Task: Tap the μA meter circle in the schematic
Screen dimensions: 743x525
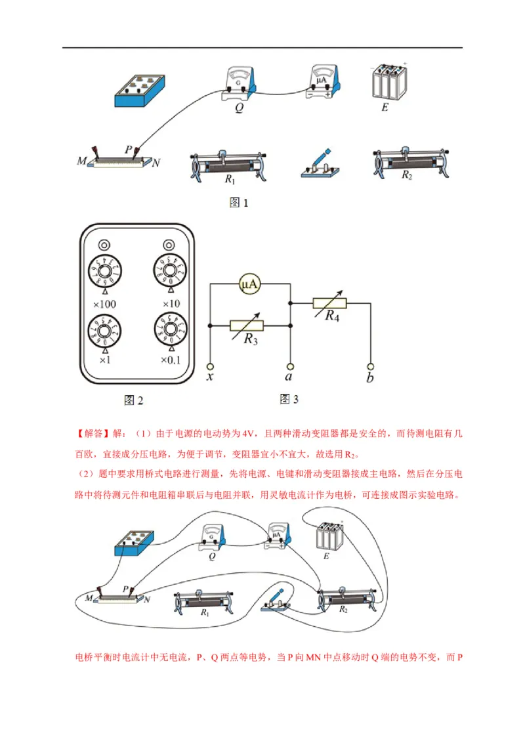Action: (249, 284)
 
